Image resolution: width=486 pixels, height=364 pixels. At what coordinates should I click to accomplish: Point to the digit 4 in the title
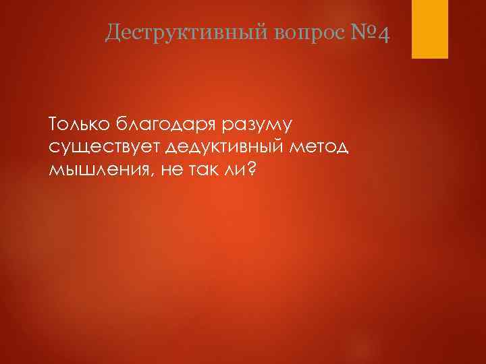pos(383,32)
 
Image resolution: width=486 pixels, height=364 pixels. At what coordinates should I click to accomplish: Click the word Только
pos(79,124)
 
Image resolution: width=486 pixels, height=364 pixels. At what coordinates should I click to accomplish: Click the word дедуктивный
pos(230,148)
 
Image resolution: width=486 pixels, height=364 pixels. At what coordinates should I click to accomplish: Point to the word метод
pos(327,147)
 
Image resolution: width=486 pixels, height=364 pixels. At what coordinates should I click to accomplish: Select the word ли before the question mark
pos(236,170)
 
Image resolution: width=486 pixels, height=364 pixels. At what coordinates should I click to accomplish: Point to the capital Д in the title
pos(113,32)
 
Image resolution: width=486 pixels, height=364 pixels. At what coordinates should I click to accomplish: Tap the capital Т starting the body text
pos(53,124)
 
